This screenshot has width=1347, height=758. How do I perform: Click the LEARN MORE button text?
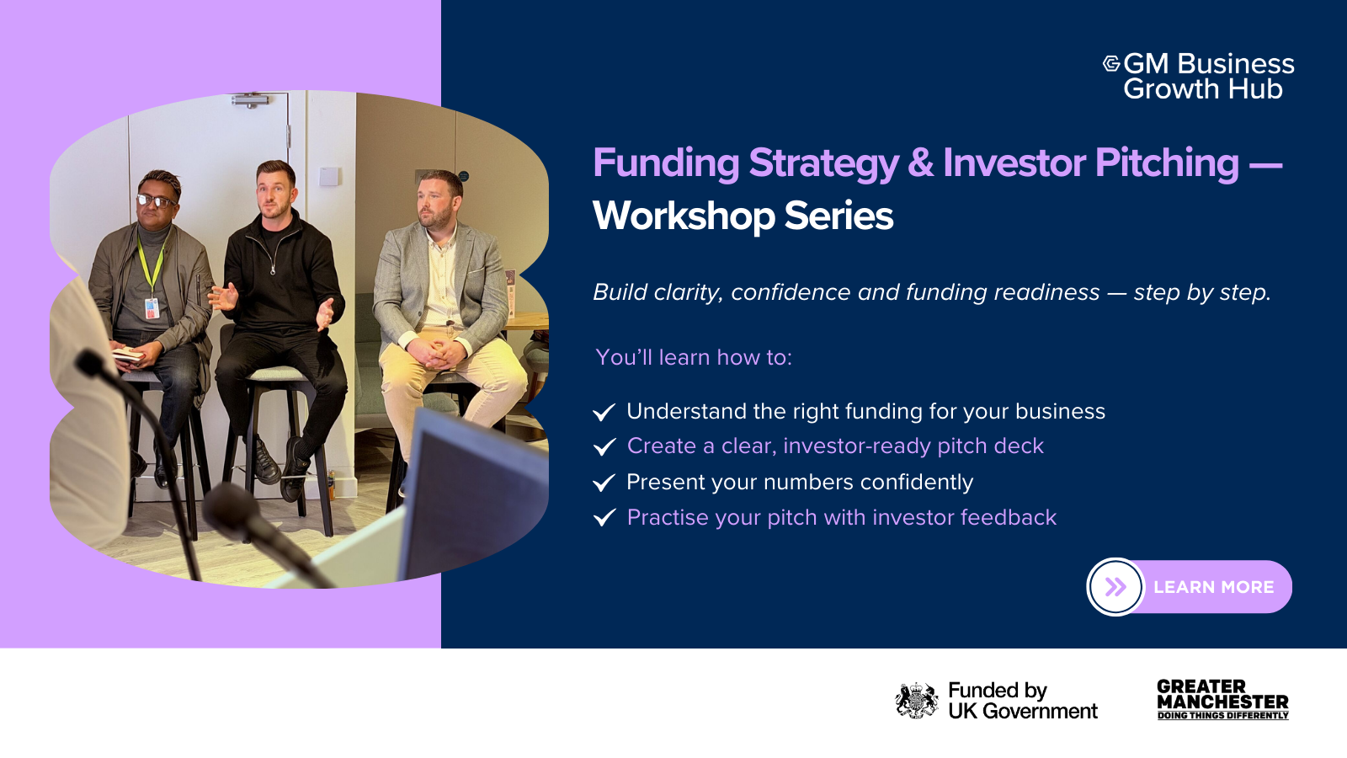(x=1213, y=587)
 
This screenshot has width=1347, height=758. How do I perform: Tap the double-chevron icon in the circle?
(x=1115, y=586)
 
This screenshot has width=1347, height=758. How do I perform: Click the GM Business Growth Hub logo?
(x=1199, y=76)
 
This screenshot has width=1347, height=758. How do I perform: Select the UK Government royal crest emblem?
(x=917, y=700)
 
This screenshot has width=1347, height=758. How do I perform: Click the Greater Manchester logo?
(x=1222, y=700)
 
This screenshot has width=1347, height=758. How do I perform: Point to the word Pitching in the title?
(x=1167, y=163)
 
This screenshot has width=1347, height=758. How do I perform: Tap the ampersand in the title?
(x=921, y=163)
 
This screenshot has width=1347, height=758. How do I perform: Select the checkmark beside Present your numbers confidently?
(x=604, y=483)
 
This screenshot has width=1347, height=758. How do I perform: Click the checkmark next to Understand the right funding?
(x=604, y=412)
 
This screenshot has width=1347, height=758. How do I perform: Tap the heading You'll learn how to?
(x=694, y=357)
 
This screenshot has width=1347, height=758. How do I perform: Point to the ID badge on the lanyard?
(x=152, y=308)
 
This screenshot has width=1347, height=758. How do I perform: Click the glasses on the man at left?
(x=157, y=201)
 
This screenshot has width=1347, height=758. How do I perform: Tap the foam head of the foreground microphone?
(x=232, y=508)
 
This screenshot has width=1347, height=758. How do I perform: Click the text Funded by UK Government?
(x=1023, y=700)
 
